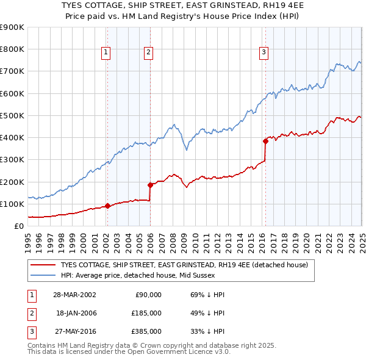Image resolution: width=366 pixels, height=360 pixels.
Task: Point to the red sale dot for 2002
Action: click(107, 206)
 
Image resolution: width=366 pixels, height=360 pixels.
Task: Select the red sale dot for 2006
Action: click(149, 185)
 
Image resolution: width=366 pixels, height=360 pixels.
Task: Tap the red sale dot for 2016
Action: click(265, 141)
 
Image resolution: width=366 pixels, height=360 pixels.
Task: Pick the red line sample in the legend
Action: click(43, 265)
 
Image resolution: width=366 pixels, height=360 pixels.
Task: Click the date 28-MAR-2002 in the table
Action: click(74, 295)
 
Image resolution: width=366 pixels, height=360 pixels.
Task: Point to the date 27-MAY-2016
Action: click(74, 331)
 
